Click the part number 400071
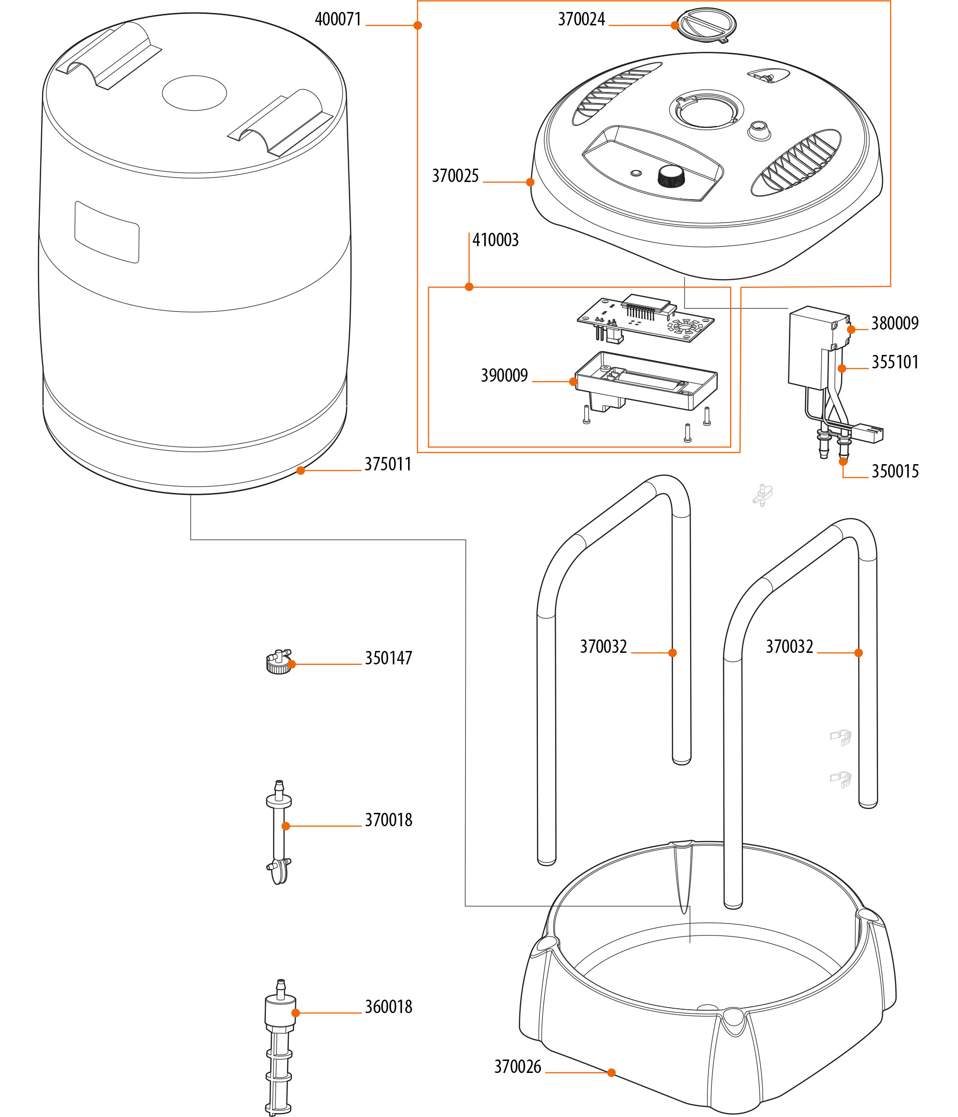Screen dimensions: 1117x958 338,20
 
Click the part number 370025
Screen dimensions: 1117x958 455,176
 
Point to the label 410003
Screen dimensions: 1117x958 495,240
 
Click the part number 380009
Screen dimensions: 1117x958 895,323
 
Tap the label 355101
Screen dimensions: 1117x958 895,362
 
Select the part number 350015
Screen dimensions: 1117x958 895,472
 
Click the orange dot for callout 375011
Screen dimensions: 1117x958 301,471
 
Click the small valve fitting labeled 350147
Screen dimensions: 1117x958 278,662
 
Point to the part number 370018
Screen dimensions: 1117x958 388,821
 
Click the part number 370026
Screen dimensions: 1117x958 517,1067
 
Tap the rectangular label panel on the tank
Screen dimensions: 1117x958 107,232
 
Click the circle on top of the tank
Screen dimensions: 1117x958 194,93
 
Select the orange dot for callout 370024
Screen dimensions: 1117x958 674,25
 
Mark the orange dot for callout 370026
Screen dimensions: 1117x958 611,1073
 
